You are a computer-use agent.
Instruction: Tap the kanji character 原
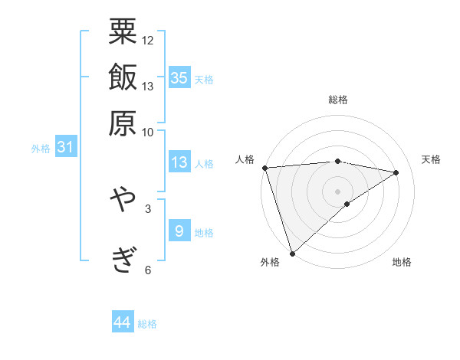point(123,123)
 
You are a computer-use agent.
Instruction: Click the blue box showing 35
point(179,77)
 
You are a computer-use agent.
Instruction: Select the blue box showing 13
point(179,162)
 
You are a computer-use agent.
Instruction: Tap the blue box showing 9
point(179,231)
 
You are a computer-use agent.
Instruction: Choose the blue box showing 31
point(65,147)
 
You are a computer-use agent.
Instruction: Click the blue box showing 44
point(123,323)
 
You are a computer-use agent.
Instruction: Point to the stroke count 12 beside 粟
point(148,40)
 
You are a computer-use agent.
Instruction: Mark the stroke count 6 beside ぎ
point(147,270)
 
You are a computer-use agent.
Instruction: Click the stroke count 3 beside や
point(147,208)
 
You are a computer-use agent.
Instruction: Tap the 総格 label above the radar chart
point(338,100)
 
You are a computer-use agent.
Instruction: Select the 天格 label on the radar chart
point(431,159)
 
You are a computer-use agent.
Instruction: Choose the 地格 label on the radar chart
point(402,262)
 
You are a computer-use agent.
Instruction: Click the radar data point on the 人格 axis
point(264,167)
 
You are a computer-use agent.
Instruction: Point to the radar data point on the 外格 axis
point(292,253)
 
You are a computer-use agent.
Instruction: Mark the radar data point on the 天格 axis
point(396,172)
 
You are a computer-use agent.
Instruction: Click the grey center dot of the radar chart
point(337,191)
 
